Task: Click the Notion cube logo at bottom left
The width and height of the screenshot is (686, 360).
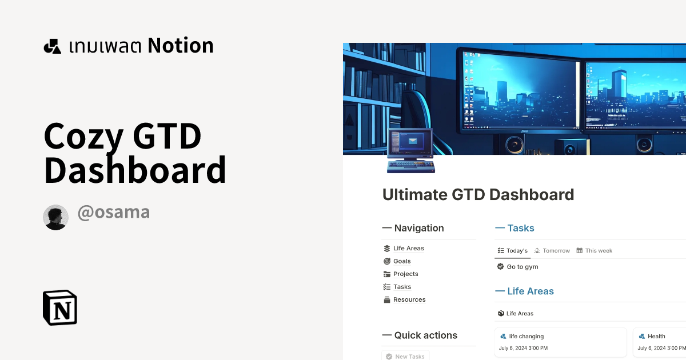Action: [x=60, y=307]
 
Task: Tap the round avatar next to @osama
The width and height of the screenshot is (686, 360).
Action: [x=55, y=217]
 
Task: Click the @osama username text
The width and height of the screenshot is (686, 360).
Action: [x=113, y=213]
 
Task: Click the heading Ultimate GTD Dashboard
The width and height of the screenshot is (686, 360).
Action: [x=478, y=195]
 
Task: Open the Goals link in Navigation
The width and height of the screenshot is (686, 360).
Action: [x=402, y=261]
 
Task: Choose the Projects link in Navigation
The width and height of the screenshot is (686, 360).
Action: [x=405, y=274]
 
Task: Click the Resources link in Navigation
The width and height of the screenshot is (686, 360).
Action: [x=409, y=300]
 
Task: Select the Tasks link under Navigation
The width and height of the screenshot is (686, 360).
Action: [x=402, y=287]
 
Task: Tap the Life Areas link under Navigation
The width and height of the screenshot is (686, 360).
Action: [x=408, y=249]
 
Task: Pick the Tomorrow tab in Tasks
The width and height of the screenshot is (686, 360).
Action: [x=556, y=251]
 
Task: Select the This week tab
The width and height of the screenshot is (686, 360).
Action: [x=598, y=251]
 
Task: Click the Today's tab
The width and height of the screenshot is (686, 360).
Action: [x=516, y=251]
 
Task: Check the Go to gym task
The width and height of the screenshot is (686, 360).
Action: [x=501, y=267]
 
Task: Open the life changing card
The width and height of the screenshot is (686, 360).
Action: [x=526, y=337]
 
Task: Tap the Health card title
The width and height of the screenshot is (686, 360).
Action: [x=656, y=337]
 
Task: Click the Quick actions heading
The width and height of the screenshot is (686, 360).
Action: [x=425, y=335]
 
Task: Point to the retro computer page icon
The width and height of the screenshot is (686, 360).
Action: [x=410, y=151]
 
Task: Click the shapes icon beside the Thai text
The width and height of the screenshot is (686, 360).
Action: [x=53, y=46]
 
